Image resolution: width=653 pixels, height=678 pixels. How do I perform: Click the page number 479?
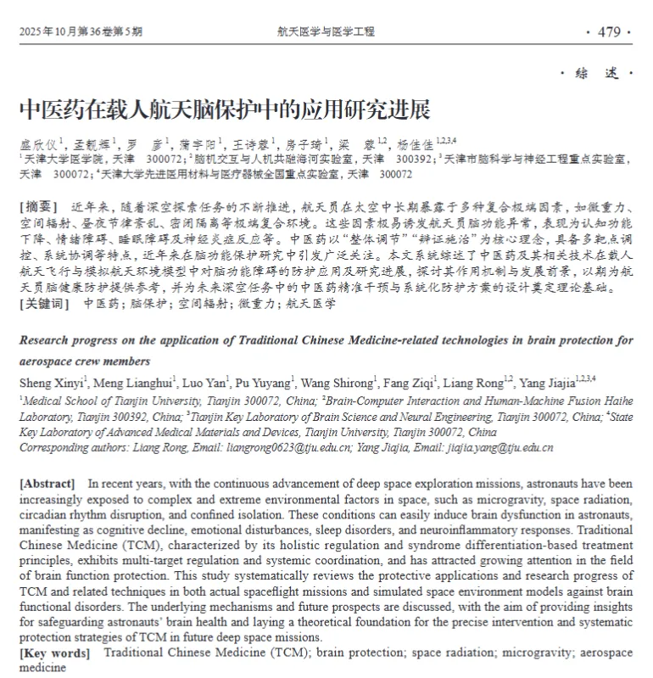[609, 32]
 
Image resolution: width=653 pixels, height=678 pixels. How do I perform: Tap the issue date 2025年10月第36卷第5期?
[81, 32]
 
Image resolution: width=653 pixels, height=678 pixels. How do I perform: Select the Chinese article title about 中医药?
[224, 110]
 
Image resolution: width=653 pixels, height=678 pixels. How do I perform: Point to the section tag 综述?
[597, 74]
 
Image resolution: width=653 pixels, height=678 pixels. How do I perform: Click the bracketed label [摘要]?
[38, 206]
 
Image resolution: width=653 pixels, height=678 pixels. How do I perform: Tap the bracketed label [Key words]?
[54, 653]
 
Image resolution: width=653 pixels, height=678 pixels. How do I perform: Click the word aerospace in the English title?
[44, 359]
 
